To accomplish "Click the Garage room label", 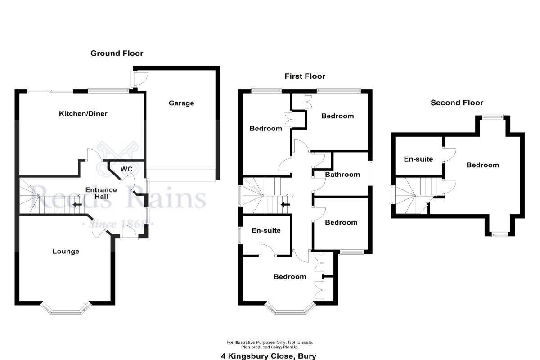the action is tap(181, 103).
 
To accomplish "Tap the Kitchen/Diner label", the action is tap(83, 113).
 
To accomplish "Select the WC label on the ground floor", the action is tap(126, 169).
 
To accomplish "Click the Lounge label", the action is tap(66, 251).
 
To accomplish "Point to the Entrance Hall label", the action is tap(101, 193).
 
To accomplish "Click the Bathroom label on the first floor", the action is tap(342, 175).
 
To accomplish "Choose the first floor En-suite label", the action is tap(266, 230).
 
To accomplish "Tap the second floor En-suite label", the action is tap(418, 159).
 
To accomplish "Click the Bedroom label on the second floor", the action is tap(482, 165).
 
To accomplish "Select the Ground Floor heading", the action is tap(117, 54).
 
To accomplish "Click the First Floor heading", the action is tap(305, 76).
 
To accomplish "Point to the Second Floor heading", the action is tap(457, 103).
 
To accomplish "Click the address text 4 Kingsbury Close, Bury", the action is tap(269, 356).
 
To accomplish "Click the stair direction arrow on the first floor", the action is tap(284, 205).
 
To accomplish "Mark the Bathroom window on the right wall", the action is tap(371, 173).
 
